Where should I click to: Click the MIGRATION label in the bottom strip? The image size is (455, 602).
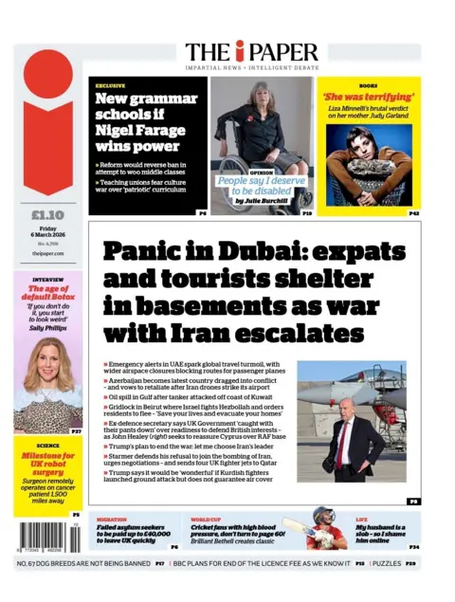(113, 520)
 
